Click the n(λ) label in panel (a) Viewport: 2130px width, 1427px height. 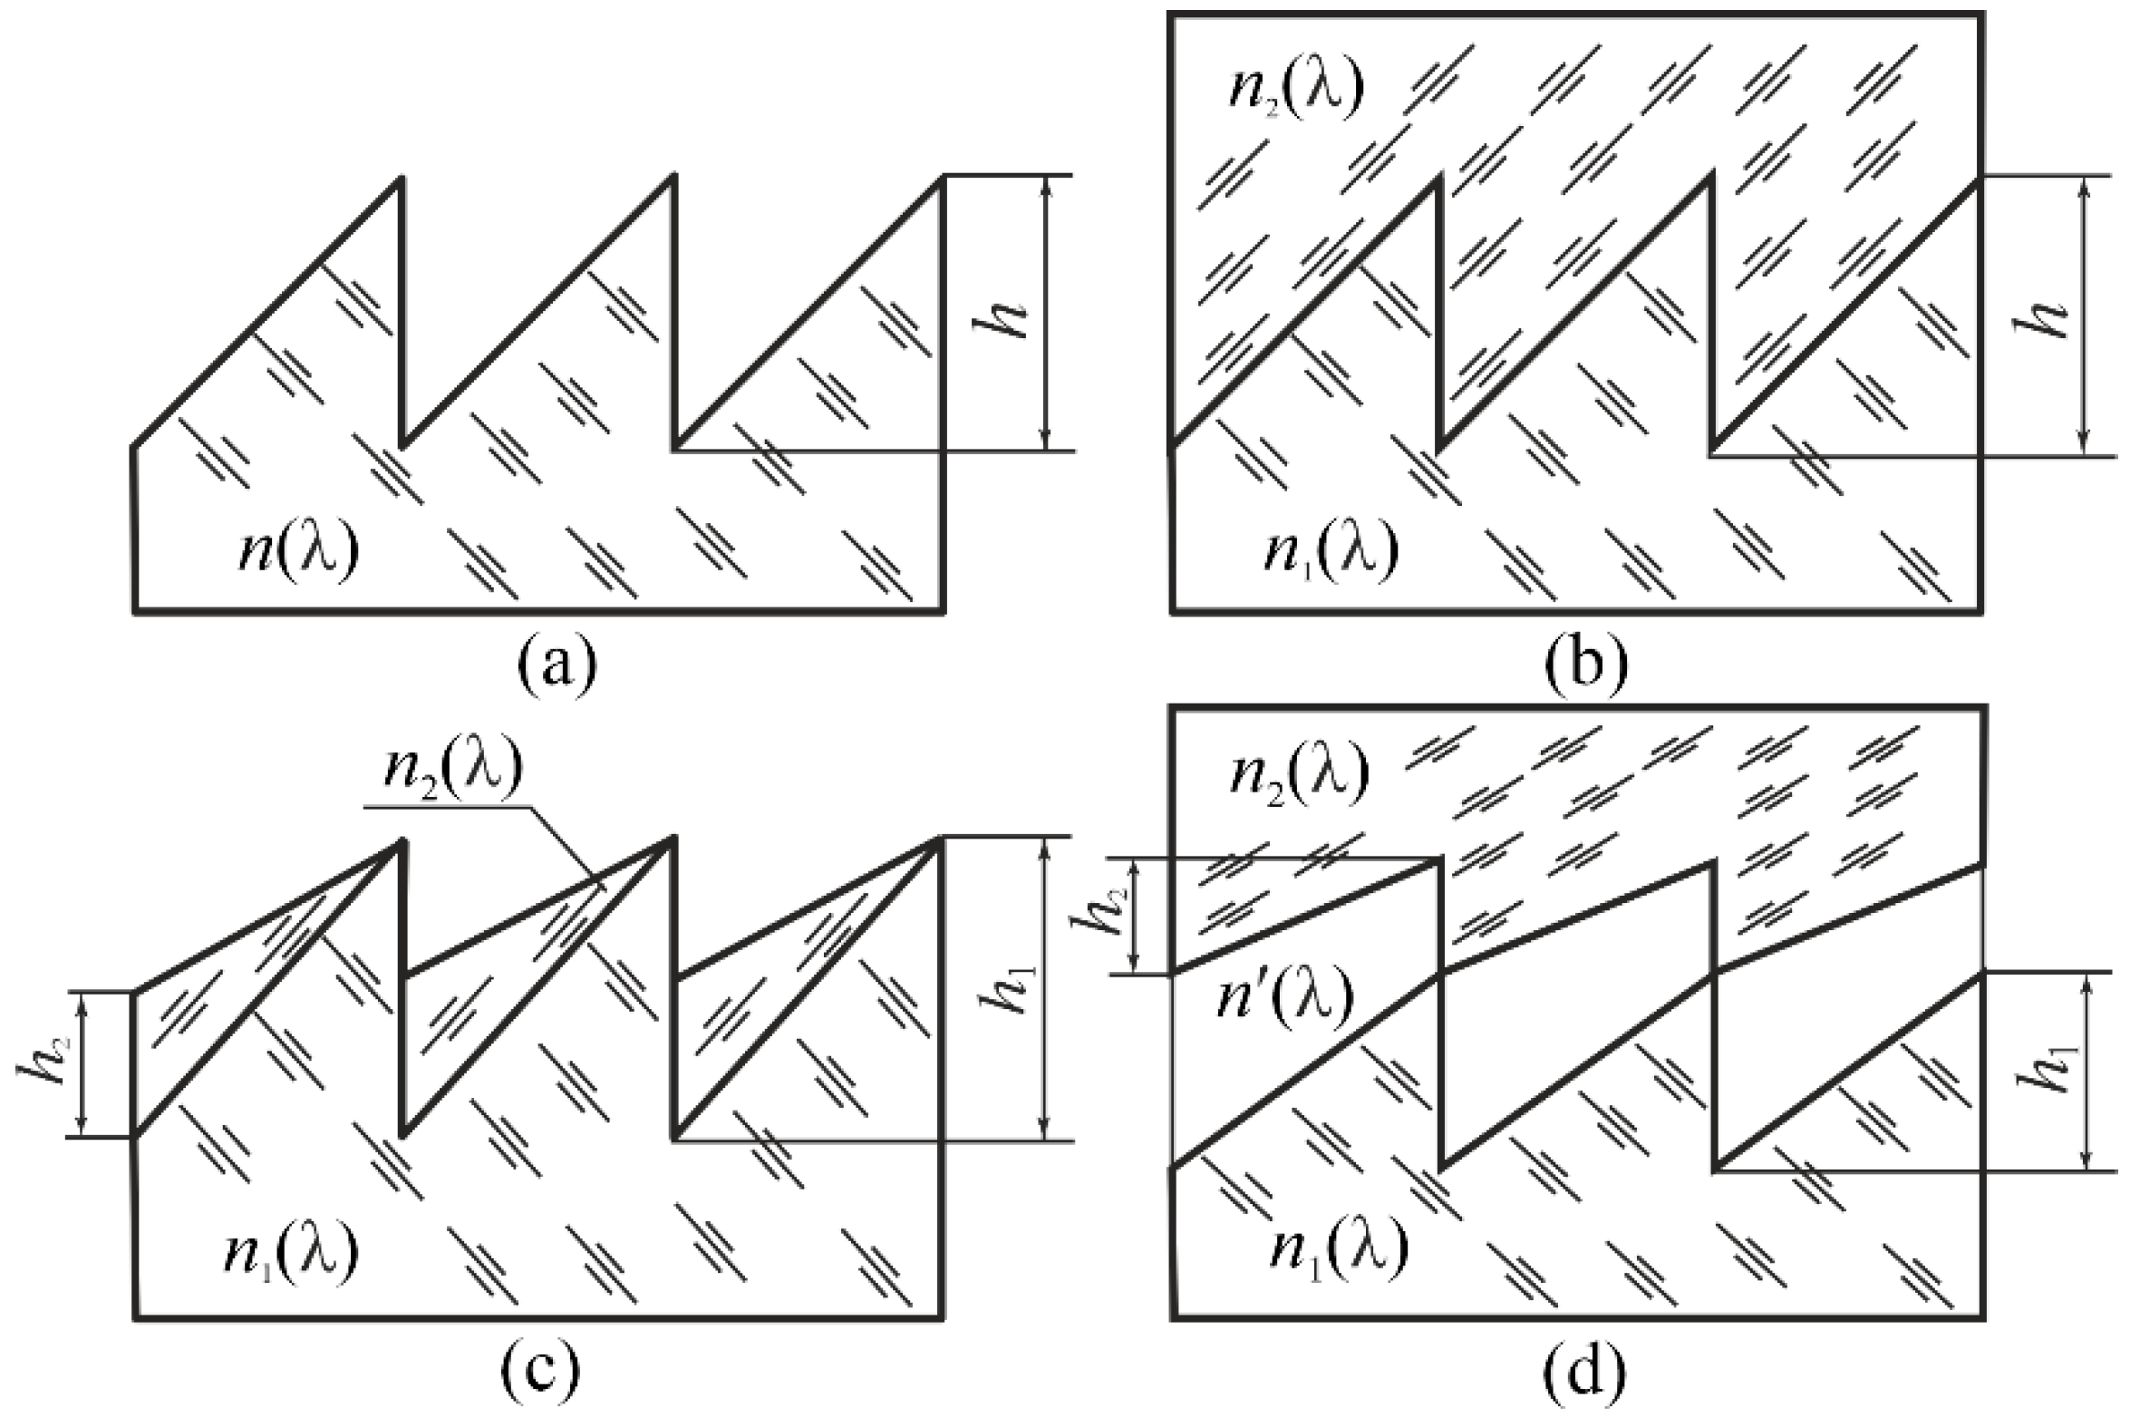[299, 550]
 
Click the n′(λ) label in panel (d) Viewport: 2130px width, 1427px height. [1285, 997]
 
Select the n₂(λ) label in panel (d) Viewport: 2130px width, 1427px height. [1299, 775]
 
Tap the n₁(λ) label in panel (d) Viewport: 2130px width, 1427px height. [1339, 1250]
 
